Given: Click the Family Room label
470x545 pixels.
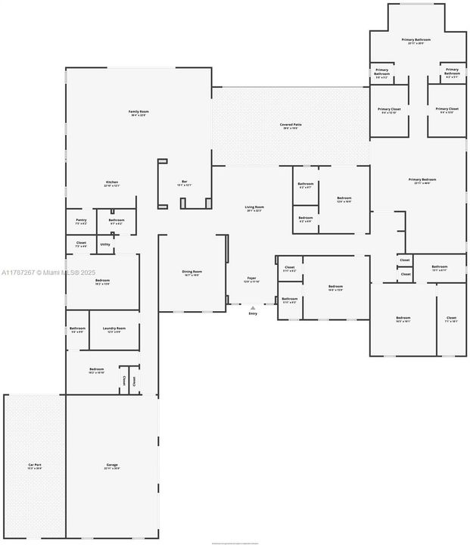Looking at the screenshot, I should (x=139, y=113).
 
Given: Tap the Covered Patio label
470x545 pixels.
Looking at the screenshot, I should (x=291, y=126).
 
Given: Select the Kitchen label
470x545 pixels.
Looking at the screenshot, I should (x=112, y=184).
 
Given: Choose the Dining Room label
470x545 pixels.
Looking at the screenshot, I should (x=191, y=272).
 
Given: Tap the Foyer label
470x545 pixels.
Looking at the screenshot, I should (x=251, y=279).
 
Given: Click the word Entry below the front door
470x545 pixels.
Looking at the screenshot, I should (x=253, y=313).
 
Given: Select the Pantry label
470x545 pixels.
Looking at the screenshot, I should (x=81, y=222).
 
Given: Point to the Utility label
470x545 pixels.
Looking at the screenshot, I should (x=105, y=244).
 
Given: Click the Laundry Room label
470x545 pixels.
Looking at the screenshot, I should (x=114, y=329).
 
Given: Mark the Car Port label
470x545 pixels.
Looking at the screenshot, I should (x=34, y=466).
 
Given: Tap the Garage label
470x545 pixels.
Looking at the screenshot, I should (x=112, y=466).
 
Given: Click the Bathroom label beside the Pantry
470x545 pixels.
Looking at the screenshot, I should (x=117, y=222).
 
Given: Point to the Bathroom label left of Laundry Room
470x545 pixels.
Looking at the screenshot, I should (x=77, y=329).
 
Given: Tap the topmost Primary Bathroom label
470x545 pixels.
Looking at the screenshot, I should (x=416, y=42).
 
